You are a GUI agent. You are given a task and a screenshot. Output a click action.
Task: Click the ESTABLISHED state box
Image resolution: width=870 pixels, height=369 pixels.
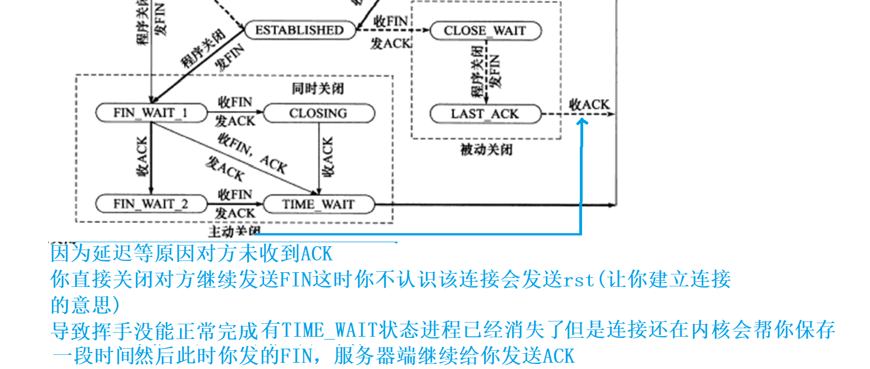(299, 30)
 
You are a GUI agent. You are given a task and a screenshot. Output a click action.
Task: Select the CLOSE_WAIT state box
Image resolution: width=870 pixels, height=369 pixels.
(485, 31)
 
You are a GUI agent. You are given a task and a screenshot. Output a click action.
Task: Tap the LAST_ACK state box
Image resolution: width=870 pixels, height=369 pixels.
(485, 114)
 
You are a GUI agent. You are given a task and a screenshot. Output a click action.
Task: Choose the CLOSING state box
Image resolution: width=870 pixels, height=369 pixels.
(318, 113)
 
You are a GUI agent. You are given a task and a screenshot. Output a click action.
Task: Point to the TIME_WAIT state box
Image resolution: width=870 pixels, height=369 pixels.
(318, 204)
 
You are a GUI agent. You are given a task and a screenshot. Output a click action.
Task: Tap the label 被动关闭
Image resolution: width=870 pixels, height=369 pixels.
(486, 150)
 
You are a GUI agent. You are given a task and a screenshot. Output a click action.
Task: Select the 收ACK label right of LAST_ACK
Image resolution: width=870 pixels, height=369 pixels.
(589, 104)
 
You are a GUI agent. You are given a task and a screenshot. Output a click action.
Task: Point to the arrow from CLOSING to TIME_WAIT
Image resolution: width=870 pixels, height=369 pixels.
(319, 158)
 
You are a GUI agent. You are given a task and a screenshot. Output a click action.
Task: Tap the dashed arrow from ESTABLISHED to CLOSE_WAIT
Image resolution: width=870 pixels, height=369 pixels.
(393, 31)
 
